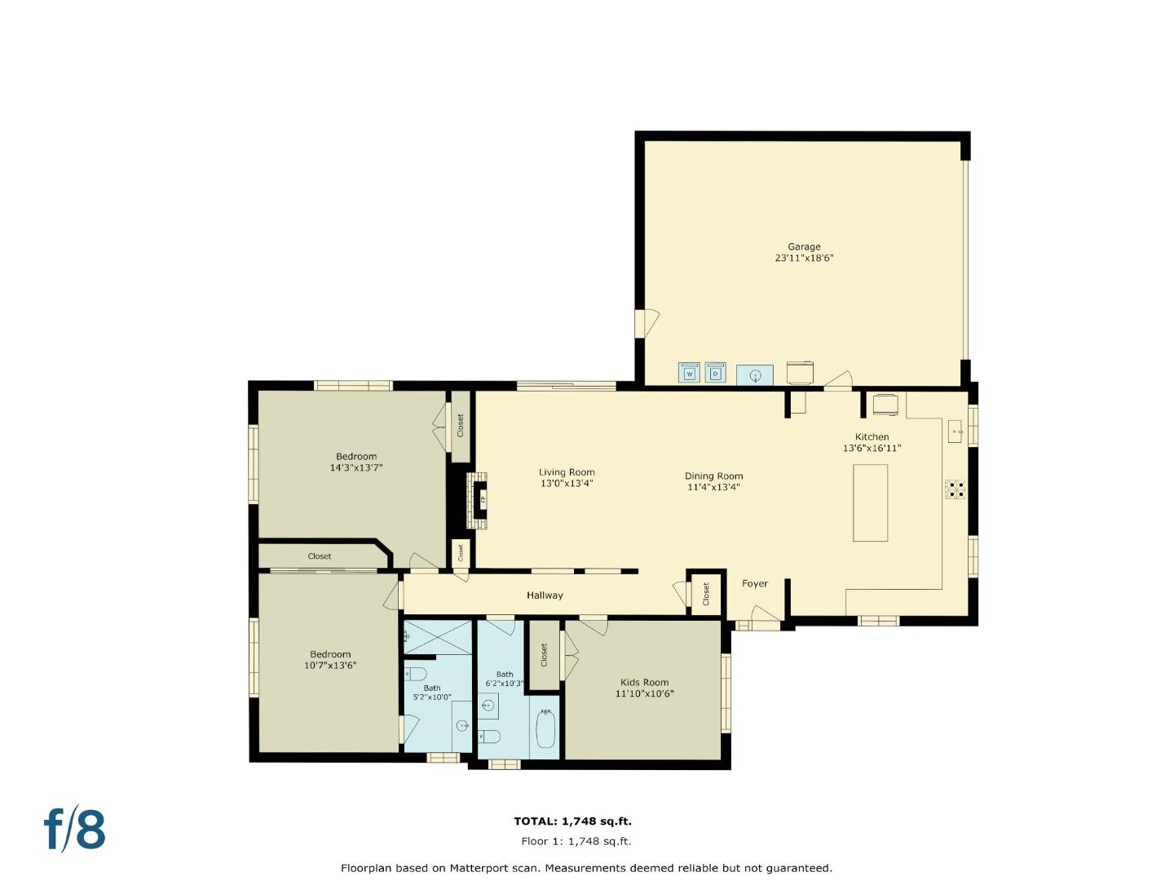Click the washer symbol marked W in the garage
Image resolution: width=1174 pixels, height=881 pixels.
point(689,373)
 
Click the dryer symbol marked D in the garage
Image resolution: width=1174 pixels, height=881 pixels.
point(715,373)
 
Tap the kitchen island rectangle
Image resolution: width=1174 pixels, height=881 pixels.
point(870,502)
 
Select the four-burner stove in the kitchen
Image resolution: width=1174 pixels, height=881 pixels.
point(955,489)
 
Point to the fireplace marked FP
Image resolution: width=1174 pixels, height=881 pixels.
point(482,498)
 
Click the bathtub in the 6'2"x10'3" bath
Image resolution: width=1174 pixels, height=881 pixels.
point(545,729)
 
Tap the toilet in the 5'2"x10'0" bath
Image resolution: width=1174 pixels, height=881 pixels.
point(416,674)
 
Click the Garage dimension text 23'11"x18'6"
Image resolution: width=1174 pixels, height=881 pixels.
point(804,258)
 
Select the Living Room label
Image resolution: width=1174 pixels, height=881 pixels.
point(567,472)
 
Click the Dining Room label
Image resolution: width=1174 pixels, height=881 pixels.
point(713,476)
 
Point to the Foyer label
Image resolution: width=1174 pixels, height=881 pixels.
point(755,584)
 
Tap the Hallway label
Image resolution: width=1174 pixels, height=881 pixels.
point(545,595)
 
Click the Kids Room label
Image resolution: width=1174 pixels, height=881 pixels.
point(644,683)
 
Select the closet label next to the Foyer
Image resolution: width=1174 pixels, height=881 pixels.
point(706,594)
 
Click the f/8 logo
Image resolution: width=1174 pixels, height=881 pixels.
point(74,830)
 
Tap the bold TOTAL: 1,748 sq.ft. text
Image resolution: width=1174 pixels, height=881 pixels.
point(572,821)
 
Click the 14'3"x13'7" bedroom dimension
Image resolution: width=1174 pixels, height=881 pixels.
point(356,468)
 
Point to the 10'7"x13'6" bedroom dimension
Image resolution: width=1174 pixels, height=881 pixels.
point(330,666)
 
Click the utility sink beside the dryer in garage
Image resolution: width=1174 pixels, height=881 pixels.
point(755,375)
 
